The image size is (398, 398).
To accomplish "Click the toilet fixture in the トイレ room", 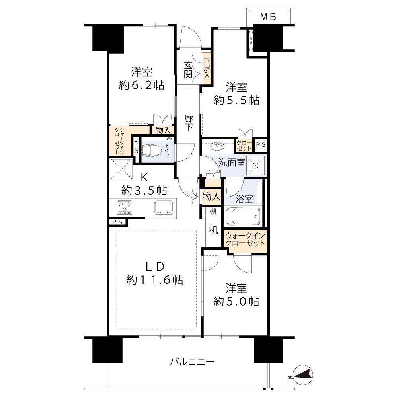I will tap(153, 150).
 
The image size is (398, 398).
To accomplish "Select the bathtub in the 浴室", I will tap(242, 217).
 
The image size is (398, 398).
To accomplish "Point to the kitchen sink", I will tap(163, 207).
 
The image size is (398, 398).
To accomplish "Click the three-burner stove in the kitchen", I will tap(125, 207).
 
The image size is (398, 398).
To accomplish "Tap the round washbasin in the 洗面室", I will tap(217, 146).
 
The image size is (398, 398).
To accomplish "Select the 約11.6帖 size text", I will tap(155, 280).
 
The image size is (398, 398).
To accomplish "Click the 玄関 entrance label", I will tap(189, 69).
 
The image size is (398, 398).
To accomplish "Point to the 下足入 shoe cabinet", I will tap(207, 68).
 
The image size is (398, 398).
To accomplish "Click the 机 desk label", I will tap(213, 230).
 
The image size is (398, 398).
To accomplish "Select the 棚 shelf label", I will tap(213, 211).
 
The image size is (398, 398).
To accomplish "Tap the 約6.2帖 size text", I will tap(142, 85).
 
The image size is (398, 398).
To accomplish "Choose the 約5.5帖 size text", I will tap(236, 100).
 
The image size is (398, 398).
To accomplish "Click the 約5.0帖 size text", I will tap(236, 301).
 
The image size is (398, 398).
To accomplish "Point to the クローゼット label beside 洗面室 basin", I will tap(244, 145).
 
